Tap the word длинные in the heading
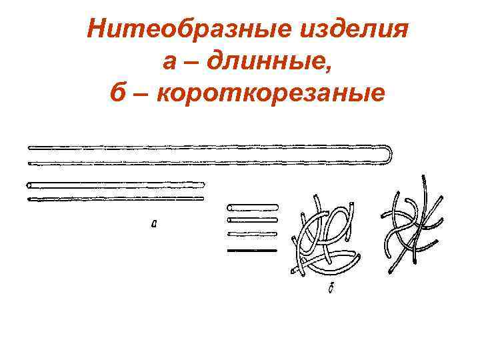coord(267,63)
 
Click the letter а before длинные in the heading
coord(170,64)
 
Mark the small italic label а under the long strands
coord(155,225)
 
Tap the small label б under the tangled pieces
coord(331,289)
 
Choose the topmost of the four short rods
coord(252,206)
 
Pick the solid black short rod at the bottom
coord(252,250)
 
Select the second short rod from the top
coord(252,219)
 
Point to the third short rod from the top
coord(252,233)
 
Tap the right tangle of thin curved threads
coord(413,223)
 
